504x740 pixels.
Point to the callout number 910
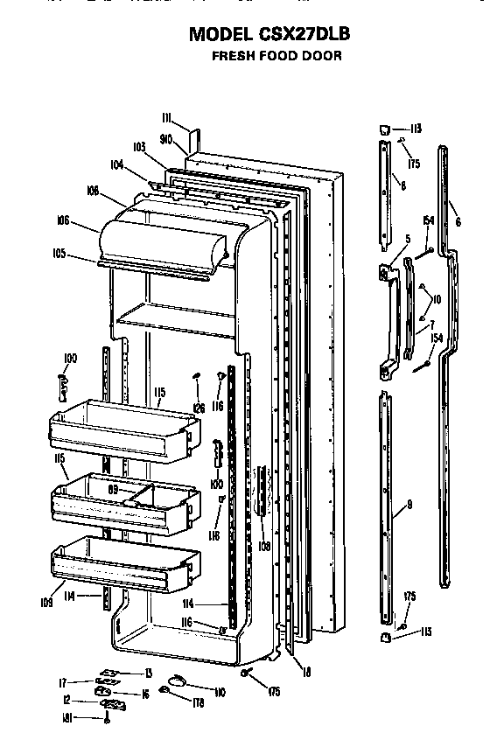[166, 138]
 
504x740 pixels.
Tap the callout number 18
[306, 671]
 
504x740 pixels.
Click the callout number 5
[407, 238]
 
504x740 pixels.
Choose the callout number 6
[458, 222]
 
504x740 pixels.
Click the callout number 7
[430, 325]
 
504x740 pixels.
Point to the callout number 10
[436, 299]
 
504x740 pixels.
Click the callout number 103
[138, 148]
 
